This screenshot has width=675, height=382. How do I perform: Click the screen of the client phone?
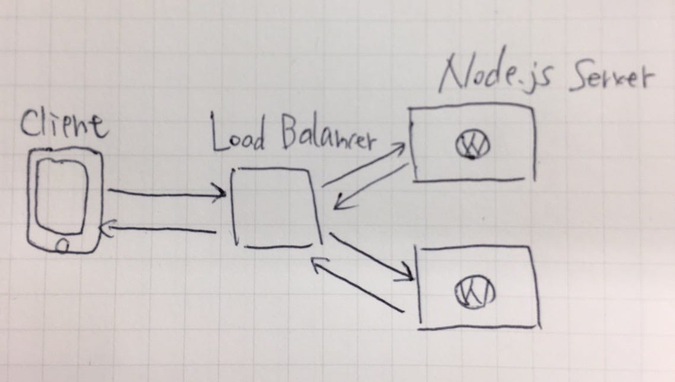(x=63, y=196)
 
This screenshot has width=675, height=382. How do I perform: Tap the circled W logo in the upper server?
(x=472, y=145)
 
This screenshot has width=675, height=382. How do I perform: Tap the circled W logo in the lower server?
(x=474, y=291)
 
